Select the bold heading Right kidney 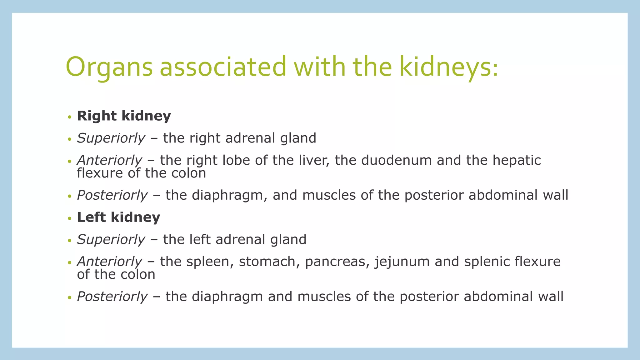(124, 116)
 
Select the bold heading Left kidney (118, 217)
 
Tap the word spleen (210, 262)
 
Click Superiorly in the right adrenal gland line (111, 138)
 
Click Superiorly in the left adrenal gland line (111, 239)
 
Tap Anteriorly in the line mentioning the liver (109, 160)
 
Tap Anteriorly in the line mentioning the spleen (109, 262)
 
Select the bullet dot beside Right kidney (69, 117)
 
